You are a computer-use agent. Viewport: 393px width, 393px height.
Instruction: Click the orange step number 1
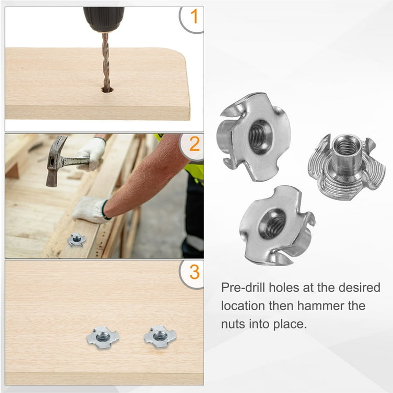tap(194, 16)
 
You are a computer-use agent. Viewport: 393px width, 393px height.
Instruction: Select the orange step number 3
tap(194, 272)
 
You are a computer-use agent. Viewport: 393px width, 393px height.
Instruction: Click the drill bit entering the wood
tap(106, 61)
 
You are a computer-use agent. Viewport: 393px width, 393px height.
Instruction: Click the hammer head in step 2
tap(55, 160)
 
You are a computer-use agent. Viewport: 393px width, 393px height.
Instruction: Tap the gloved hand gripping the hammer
tap(92, 154)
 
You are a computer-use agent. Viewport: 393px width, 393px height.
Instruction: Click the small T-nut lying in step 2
tap(77, 239)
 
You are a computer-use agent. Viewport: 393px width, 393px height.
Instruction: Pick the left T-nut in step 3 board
tap(103, 337)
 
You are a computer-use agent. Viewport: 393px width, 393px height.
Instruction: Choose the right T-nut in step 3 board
tap(160, 337)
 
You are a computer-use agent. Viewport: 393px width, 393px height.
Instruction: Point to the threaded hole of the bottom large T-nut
tap(273, 224)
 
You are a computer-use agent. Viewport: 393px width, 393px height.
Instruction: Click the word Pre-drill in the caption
tap(243, 288)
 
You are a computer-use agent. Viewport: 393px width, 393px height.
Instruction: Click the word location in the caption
tap(243, 306)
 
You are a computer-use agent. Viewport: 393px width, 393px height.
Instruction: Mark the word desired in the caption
tap(359, 288)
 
